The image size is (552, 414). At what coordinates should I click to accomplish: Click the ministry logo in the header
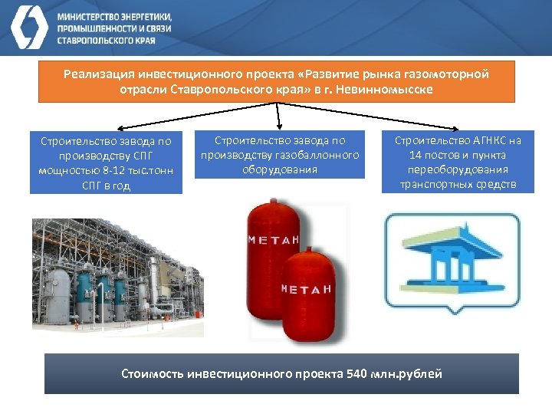(29, 28)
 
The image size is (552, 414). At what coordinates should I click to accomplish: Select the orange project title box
(277, 82)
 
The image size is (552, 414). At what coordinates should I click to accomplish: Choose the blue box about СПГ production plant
(107, 163)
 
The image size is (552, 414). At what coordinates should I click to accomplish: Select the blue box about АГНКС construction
(458, 163)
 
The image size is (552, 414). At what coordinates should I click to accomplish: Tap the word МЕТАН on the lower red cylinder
(305, 289)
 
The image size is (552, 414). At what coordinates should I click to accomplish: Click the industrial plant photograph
(117, 278)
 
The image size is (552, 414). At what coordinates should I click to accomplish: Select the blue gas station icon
(451, 261)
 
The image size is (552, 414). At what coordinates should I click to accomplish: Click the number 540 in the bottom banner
(358, 374)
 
